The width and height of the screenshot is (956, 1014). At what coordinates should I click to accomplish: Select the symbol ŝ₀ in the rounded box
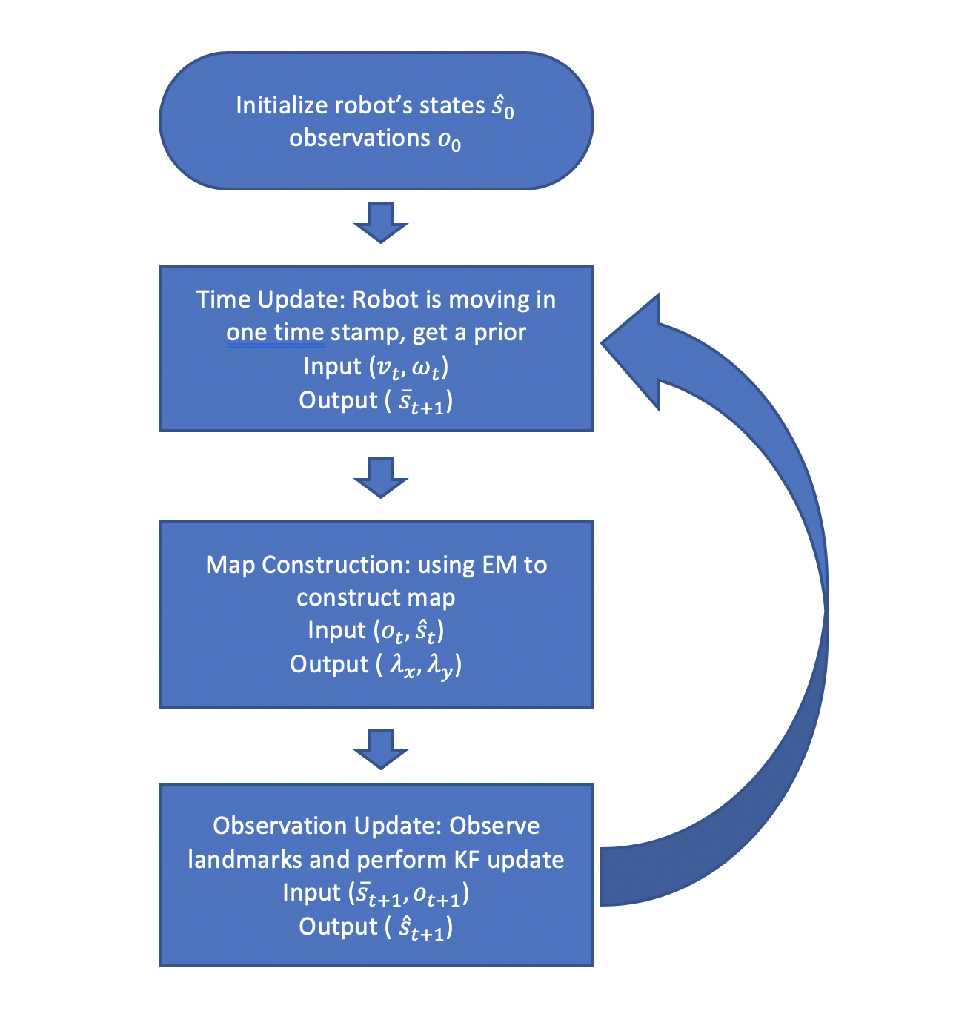tap(502, 107)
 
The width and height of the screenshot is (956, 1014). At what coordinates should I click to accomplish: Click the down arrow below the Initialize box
tap(380, 223)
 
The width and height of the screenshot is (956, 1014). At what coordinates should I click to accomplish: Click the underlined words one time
tap(275, 333)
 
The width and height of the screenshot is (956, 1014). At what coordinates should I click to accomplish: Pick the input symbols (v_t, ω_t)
tap(408, 368)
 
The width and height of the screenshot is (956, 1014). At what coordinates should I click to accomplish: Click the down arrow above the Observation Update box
tap(380, 749)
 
